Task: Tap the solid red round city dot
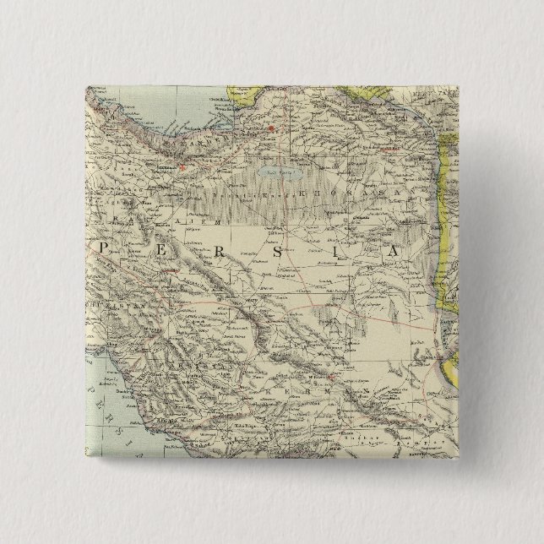click(x=271, y=129)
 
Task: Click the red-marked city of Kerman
click(x=333, y=376)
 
